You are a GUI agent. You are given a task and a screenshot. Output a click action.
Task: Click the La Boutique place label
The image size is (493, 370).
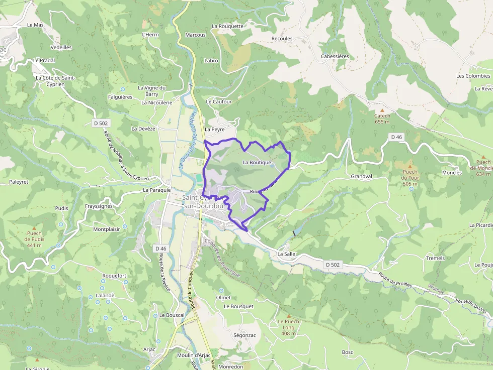coord(257,163)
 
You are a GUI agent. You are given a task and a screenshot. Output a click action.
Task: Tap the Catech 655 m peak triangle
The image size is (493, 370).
coord(382,110)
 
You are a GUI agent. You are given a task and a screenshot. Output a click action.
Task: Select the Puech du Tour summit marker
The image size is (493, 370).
coord(410,166)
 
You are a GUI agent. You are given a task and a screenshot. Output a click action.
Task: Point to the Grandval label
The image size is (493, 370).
coord(361,177)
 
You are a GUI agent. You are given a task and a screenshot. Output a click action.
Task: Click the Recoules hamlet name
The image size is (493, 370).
coord(282,38)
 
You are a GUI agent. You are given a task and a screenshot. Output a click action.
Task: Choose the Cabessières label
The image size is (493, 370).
coord(335,57)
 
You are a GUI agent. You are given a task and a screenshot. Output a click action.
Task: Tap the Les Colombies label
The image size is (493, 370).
coord(473,76)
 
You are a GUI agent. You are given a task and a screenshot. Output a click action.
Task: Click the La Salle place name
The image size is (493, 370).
coord(286,254)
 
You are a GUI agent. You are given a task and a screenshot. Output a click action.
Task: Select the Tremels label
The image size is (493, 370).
coord(435,258)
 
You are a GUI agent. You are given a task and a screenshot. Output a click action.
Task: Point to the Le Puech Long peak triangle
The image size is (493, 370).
coord(288,316)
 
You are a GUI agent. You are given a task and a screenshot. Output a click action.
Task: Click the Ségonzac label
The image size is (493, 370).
coord(244,334)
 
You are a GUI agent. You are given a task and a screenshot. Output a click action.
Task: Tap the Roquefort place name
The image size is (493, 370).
coord(114,276)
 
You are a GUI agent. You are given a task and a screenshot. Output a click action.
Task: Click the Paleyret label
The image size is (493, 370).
coord(19,182)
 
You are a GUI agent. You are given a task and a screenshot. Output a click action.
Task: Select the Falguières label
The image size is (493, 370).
coord(120,97)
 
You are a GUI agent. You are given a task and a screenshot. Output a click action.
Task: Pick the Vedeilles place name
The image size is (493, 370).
coord(61,47)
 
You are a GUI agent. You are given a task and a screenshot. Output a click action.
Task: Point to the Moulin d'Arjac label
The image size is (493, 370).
coord(194,355)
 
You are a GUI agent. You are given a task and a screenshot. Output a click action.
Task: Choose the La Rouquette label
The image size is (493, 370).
coord(227,26)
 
